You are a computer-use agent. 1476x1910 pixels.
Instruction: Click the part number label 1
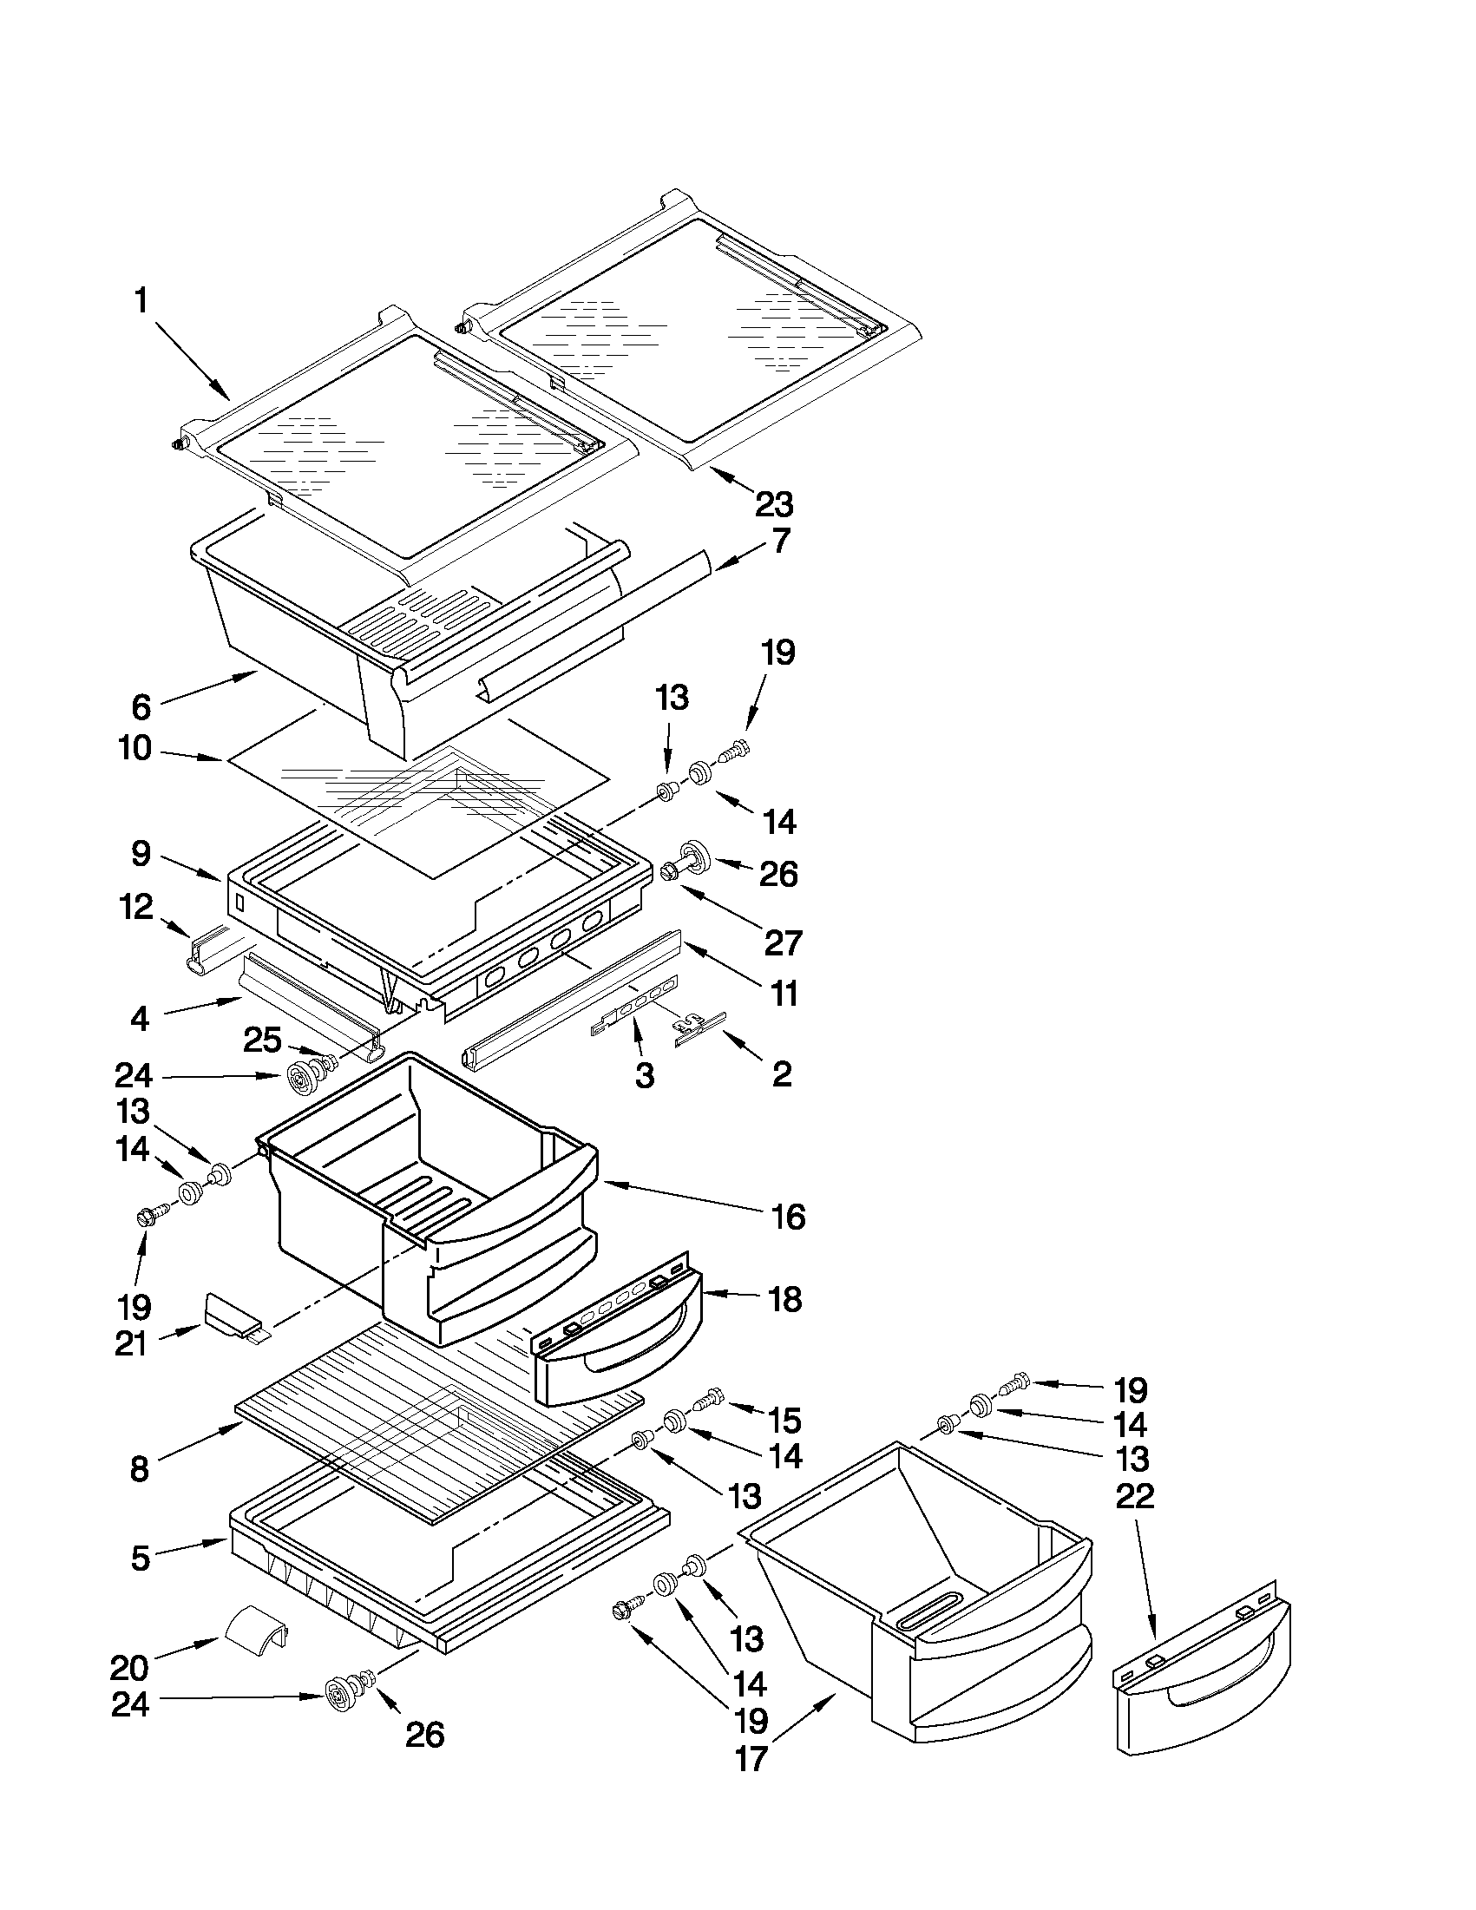[141, 302]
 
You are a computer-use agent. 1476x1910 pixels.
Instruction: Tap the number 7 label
[781, 541]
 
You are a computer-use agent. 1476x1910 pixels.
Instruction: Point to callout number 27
[783, 942]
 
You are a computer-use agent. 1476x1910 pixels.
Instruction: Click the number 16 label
[789, 1217]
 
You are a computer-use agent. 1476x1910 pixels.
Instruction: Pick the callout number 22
[1135, 1495]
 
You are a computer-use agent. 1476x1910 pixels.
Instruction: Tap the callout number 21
[130, 1343]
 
